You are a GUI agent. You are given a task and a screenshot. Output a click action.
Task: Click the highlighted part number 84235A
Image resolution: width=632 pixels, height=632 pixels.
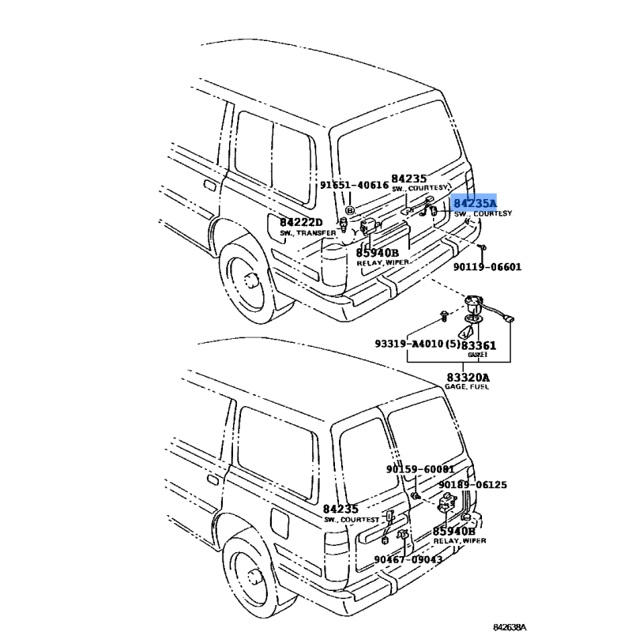point(475,203)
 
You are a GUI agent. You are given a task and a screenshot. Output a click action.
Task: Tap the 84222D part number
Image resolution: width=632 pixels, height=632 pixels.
point(301,224)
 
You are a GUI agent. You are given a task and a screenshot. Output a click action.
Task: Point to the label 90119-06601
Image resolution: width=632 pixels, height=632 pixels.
point(487,267)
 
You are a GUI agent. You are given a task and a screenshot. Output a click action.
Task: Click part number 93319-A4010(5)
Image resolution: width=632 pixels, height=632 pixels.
point(416,344)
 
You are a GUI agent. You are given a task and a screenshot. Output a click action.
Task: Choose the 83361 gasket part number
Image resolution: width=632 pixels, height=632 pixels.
point(479,345)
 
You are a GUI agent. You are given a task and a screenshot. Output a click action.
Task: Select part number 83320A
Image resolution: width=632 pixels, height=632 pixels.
point(467,377)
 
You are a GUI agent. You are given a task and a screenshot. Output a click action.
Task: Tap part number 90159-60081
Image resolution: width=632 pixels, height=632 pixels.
point(420,468)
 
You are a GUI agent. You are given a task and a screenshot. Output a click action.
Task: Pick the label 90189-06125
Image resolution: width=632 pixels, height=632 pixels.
point(472,484)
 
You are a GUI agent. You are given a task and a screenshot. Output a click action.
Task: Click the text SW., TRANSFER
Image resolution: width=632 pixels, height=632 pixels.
point(308,234)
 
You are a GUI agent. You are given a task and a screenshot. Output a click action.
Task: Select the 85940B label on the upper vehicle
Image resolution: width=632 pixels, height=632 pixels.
point(377,253)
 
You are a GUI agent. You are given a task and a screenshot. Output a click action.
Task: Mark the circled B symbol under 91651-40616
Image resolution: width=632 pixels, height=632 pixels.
point(350,212)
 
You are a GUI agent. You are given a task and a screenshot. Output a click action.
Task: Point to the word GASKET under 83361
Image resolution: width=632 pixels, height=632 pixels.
point(477,355)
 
